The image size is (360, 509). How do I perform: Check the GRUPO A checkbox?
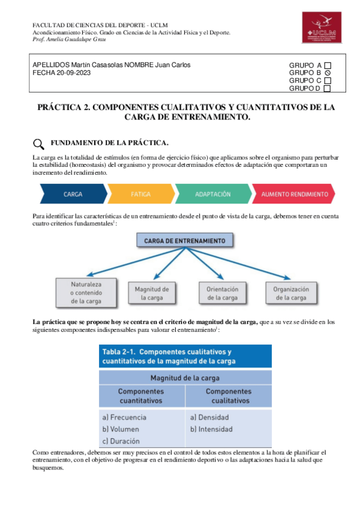(x=328, y=65)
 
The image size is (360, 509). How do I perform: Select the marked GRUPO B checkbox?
(x=328, y=73)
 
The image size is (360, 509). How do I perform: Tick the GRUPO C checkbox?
(x=328, y=81)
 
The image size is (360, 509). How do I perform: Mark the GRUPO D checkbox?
(x=328, y=89)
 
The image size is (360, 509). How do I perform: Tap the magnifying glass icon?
(x=38, y=144)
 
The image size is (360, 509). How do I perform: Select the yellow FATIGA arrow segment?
(x=140, y=194)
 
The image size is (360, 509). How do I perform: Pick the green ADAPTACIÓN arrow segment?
(x=213, y=194)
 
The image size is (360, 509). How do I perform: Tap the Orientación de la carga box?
(x=222, y=292)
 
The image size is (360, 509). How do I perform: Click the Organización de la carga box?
(x=290, y=292)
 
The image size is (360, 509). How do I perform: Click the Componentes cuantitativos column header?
(x=143, y=396)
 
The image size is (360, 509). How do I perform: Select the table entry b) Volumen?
(x=121, y=429)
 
